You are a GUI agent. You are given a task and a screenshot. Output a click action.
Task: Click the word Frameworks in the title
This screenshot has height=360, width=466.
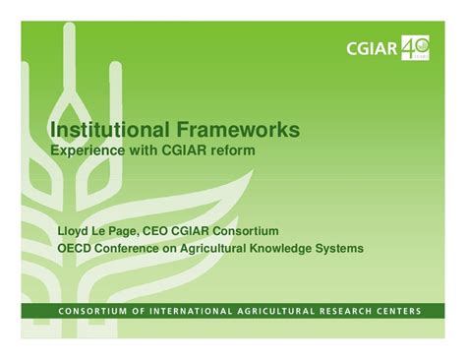click(238, 131)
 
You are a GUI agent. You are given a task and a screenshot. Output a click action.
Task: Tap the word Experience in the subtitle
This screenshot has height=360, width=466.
click(89, 152)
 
